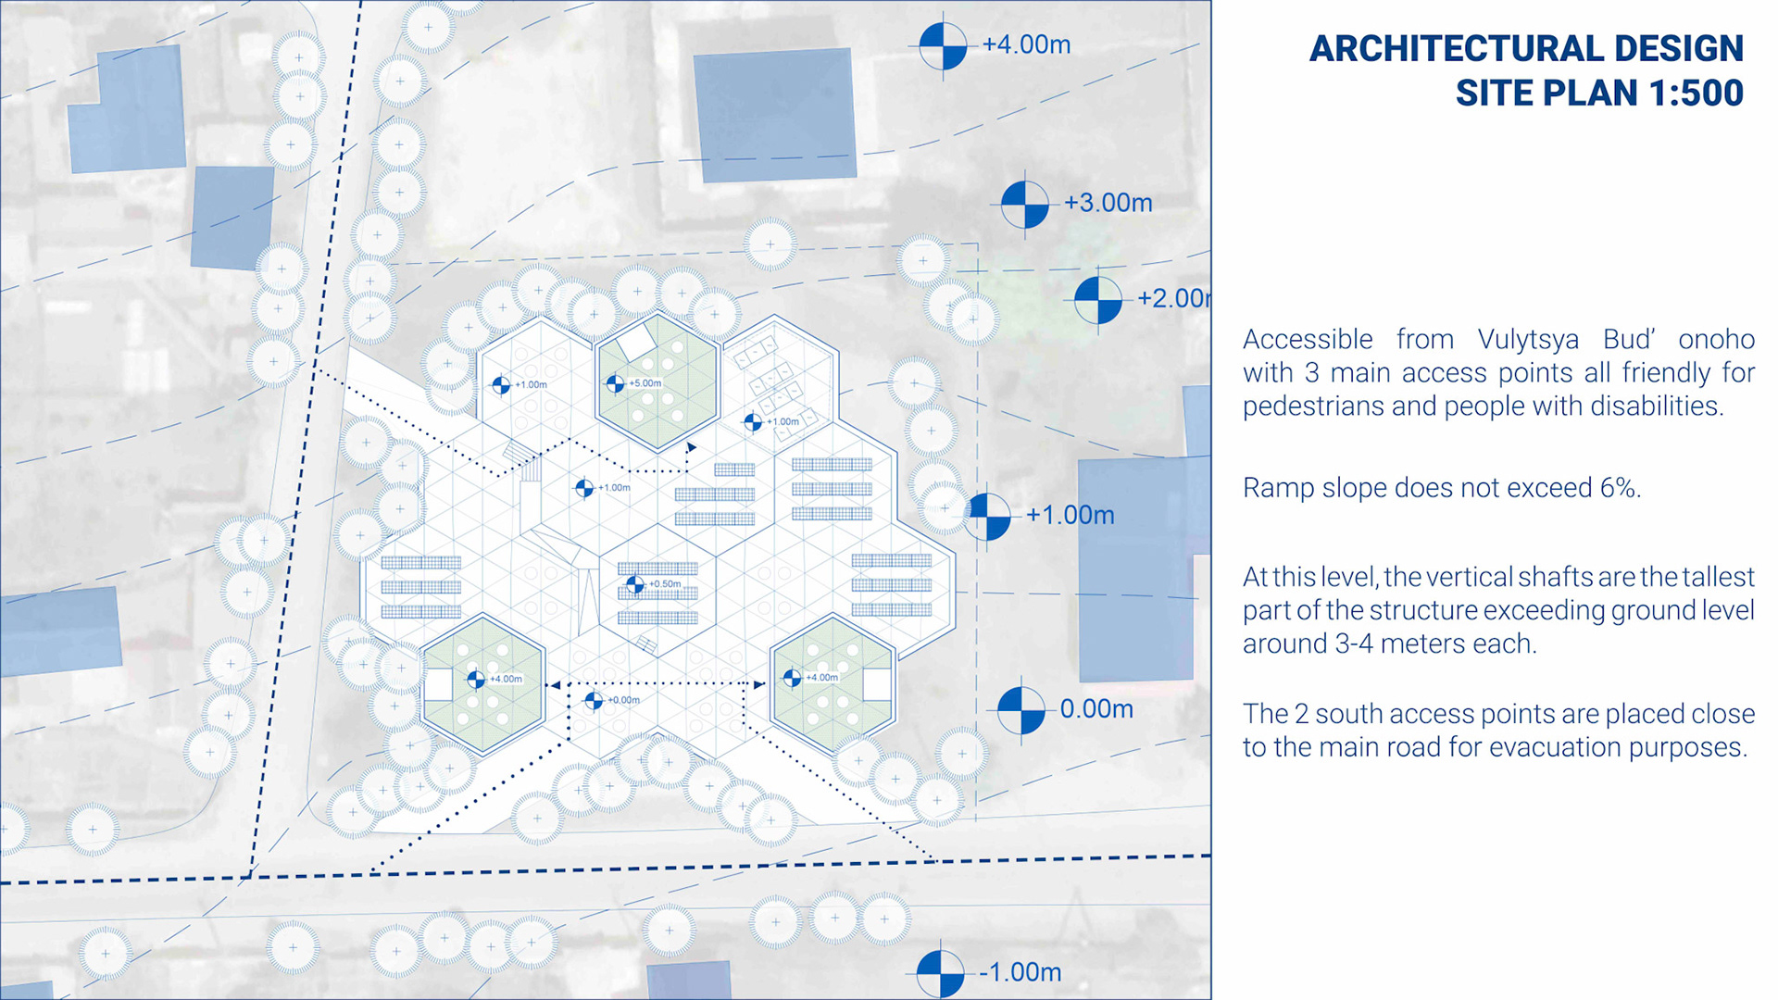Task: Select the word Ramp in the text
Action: point(1274,488)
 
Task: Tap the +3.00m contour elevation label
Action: point(1108,203)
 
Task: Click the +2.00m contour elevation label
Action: point(1172,298)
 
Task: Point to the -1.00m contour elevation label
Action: point(1020,972)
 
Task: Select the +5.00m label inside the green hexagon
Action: point(645,383)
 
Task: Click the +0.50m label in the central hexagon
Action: point(665,584)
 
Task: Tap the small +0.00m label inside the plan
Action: point(624,700)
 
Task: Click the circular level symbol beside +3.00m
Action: point(1025,204)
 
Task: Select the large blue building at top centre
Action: point(775,114)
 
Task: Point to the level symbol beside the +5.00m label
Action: point(616,383)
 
